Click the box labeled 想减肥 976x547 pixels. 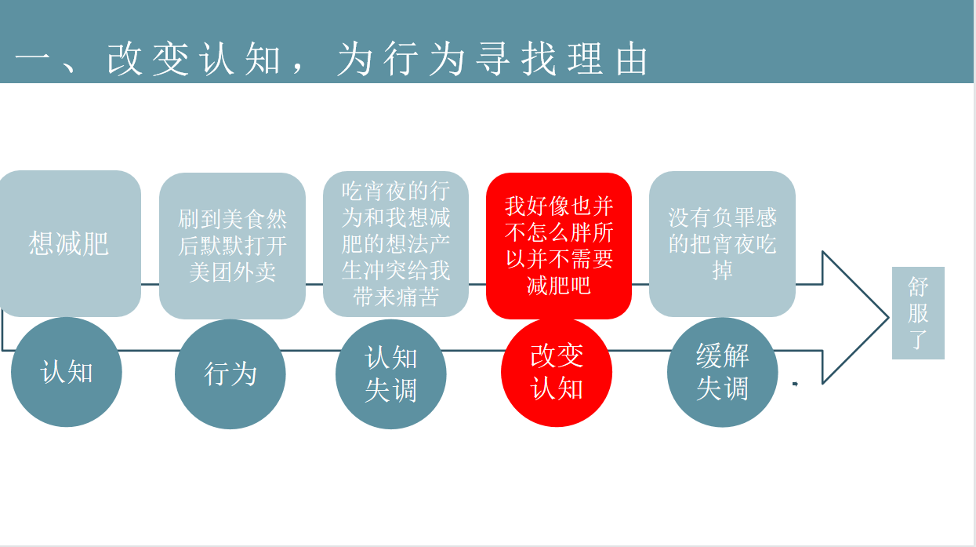pyautogui.click(x=70, y=243)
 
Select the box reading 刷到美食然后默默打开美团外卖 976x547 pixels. pyautogui.click(x=232, y=246)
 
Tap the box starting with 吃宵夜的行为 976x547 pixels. pyautogui.click(x=396, y=244)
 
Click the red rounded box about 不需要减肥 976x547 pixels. pyautogui.click(x=559, y=246)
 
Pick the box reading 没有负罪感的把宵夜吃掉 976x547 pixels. pyautogui.click(x=722, y=244)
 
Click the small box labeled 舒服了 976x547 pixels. pyautogui.click(x=918, y=313)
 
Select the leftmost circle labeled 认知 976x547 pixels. pyautogui.click(x=66, y=372)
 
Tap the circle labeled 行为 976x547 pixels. pyautogui.click(x=230, y=374)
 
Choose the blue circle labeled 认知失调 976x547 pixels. pyautogui.click(x=391, y=374)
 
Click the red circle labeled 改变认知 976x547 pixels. pyautogui.click(x=557, y=372)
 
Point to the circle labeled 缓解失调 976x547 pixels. pyautogui.click(x=723, y=372)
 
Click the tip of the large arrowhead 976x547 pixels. pyautogui.click(x=888, y=318)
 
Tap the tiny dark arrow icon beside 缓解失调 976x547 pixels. pyautogui.click(x=795, y=384)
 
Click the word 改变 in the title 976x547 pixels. pyautogui.click(x=147, y=59)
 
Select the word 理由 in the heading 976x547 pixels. pyautogui.click(x=608, y=59)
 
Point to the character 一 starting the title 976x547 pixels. pyautogui.click(x=32, y=60)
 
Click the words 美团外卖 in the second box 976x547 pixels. pyautogui.click(x=232, y=272)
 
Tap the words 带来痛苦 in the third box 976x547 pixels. pyautogui.click(x=396, y=297)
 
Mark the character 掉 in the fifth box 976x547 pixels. pyautogui.click(x=722, y=271)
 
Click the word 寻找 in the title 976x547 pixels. pyautogui.click(x=516, y=59)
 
